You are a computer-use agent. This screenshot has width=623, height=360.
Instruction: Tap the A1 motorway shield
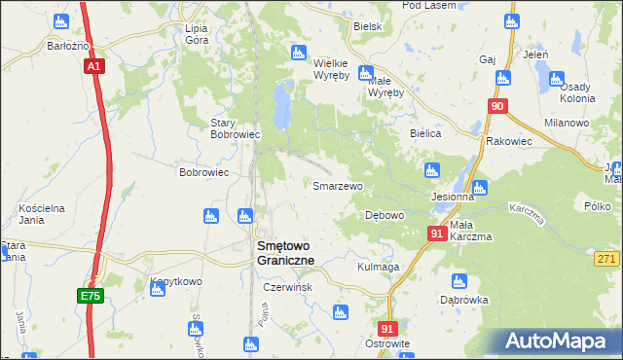pyautogui.click(x=93, y=67)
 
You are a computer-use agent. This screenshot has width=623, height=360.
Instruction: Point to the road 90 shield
pyautogui.click(x=498, y=106)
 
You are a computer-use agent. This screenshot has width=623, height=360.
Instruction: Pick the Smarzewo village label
pyautogui.click(x=337, y=185)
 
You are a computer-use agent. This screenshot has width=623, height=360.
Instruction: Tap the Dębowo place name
pyautogui.click(x=384, y=215)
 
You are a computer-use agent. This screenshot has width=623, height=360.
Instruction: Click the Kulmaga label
pyautogui.click(x=379, y=267)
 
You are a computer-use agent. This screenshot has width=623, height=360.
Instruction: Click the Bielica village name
pyautogui.click(x=426, y=133)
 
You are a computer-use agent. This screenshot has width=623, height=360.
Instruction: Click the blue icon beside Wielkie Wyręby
pyautogui.click(x=365, y=71)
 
